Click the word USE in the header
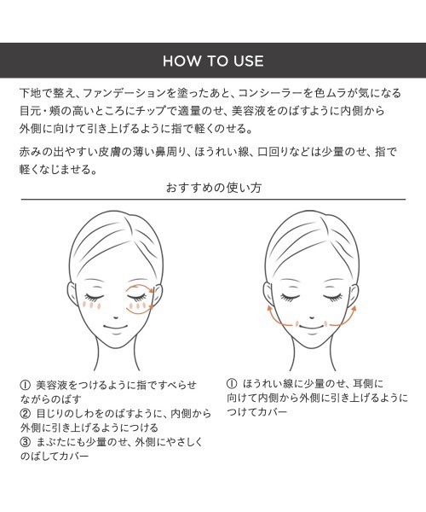click(249, 61)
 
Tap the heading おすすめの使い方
click(214, 188)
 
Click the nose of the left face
click(116, 317)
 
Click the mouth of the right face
click(312, 327)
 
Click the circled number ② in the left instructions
click(25, 414)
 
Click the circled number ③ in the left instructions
click(25, 442)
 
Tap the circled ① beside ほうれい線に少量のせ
click(232, 383)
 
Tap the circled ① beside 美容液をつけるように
click(25, 385)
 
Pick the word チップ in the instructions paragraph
click(151, 111)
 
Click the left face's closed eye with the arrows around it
click(136, 296)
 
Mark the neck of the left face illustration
click(117, 356)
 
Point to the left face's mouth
click(116, 327)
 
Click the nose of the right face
click(312, 317)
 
